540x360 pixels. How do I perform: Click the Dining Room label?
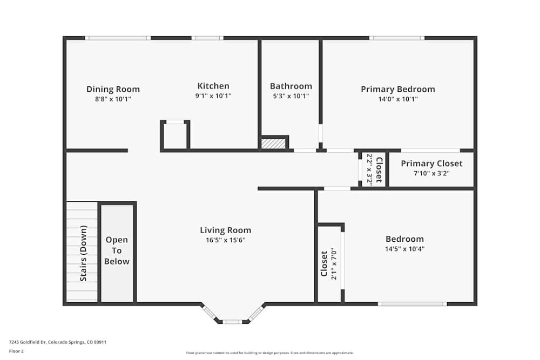coord(113,89)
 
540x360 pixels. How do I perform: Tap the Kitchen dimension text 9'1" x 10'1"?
coord(213,96)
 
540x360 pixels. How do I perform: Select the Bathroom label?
coord(291,86)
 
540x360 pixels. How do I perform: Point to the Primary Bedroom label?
coord(397,89)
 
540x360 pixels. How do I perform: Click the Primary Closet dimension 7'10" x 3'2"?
coord(431,174)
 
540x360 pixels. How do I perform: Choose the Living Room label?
coord(225,230)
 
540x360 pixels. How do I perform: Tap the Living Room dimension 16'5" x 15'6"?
coord(225,240)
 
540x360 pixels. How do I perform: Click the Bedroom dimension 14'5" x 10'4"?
coord(404,249)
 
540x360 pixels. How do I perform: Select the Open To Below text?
coord(117,250)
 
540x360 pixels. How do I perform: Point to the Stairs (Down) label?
coord(83,253)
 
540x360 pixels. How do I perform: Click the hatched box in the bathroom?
coord(273,144)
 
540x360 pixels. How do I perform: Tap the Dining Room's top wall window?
coord(118,38)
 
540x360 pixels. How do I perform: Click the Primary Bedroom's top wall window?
coord(396,38)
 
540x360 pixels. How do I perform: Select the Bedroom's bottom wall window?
coord(413,304)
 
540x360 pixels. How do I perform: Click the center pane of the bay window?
coord(232,322)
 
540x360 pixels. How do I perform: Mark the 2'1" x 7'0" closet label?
coord(329,263)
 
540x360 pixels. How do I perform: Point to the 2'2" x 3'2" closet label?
coord(374,169)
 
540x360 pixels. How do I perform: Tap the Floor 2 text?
coord(16,351)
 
